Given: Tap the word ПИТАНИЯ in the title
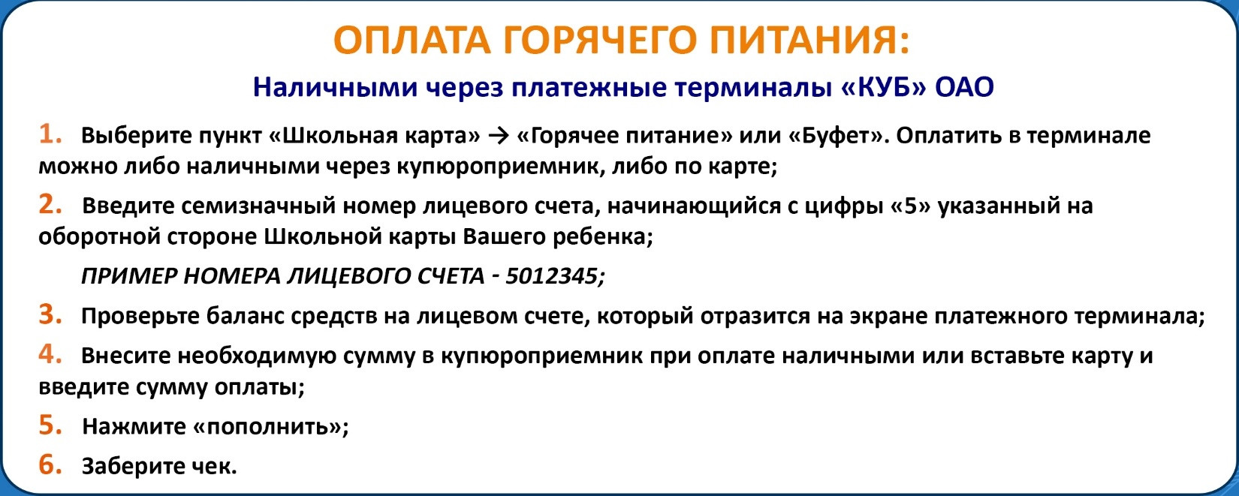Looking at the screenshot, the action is pyautogui.click(x=803, y=41).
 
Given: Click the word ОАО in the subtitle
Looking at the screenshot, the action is pyautogui.click(x=965, y=87).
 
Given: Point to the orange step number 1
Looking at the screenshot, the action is pyautogui.click(x=50, y=134).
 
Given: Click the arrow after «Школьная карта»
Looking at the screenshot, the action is pyautogui.click(x=499, y=136).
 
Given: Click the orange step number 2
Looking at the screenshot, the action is pyautogui.click(x=50, y=205).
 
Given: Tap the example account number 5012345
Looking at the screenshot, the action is pyautogui.click(x=551, y=275).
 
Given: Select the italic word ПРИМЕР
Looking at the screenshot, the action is pyautogui.click(x=129, y=275).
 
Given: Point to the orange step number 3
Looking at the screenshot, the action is pyautogui.click(x=50, y=314).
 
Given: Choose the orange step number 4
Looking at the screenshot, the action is pyautogui.click(x=50, y=354).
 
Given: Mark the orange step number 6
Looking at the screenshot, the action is pyautogui.click(x=50, y=464).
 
